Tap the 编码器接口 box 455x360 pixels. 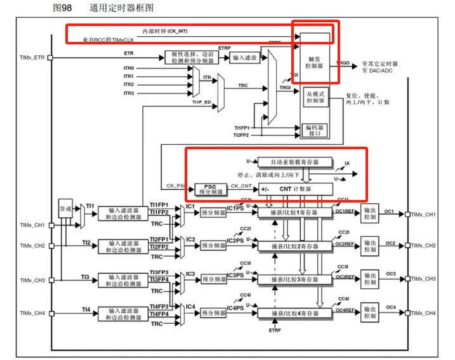(315, 130)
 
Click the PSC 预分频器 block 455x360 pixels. (206, 189)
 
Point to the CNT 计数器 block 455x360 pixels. (295, 189)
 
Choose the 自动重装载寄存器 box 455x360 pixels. (286, 161)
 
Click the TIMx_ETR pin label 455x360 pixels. (31, 58)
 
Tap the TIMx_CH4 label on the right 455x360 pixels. (424, 313)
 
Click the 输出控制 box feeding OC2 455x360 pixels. (370, 246)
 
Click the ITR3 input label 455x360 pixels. (129, 93)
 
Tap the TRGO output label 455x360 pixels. (343, 63)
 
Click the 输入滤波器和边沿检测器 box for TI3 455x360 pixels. (124, 279)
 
